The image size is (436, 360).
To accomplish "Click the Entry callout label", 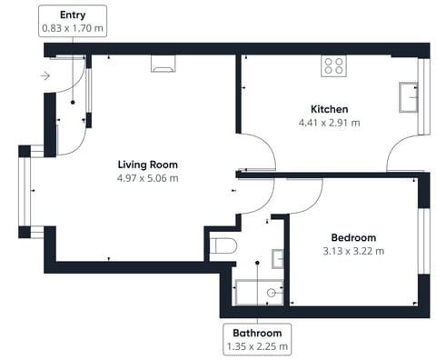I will tap(72, 22).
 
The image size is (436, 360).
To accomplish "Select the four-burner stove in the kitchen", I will tap(333, 65).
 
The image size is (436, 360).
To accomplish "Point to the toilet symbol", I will tap(222, 245).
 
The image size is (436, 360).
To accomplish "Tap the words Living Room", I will tap(147, 165).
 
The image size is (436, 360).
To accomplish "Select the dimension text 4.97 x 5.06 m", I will tap(147, 178).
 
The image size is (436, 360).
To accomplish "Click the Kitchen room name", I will tap(329, 109).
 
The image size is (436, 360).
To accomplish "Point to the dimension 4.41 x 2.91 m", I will tap(329, 123).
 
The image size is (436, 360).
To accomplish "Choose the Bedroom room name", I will tap(352, 237).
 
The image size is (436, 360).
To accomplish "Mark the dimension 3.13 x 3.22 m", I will tap(352, 251).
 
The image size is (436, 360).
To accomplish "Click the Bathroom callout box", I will tap(259, 338).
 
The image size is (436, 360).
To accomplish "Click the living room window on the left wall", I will tap(25, 191).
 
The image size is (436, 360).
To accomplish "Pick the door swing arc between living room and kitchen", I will tap(257, 148).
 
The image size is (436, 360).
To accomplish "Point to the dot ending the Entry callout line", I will tap(72, 102).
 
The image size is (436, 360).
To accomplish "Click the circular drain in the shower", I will tap(272, 294).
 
